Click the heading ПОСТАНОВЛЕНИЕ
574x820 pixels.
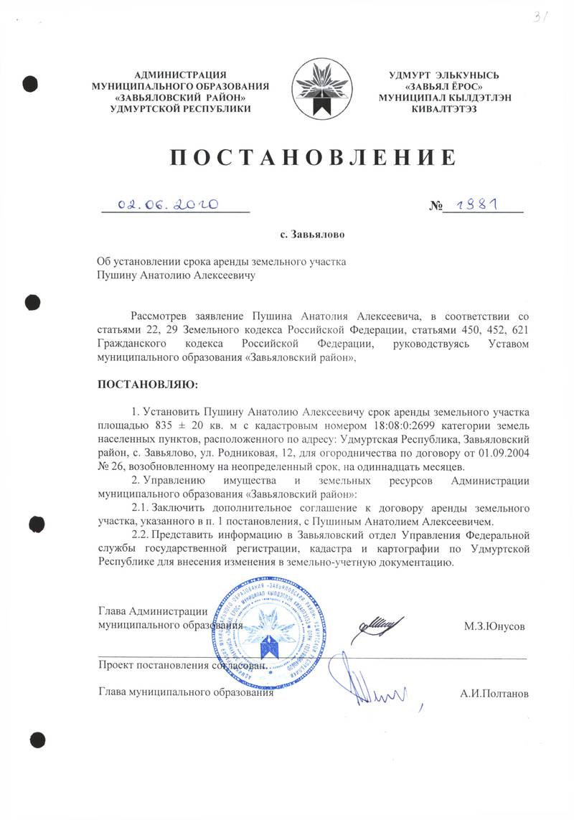313,157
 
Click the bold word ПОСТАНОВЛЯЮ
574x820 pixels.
146,385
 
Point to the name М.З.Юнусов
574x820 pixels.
494,626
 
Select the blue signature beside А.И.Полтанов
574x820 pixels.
373,689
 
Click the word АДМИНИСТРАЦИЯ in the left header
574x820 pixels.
181,75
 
